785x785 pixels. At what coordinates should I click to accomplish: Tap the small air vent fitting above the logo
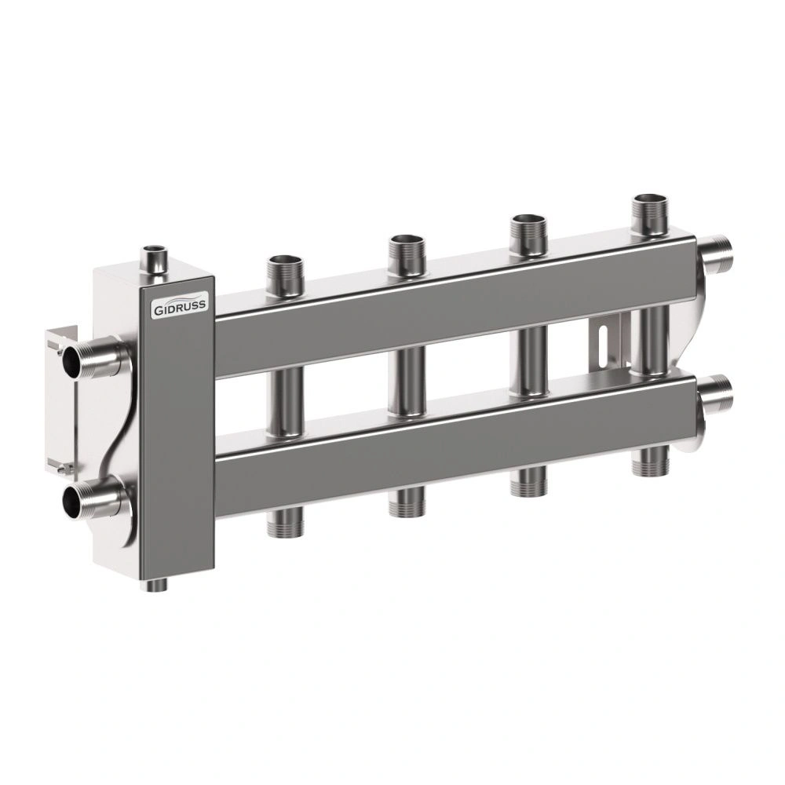[155, 261]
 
